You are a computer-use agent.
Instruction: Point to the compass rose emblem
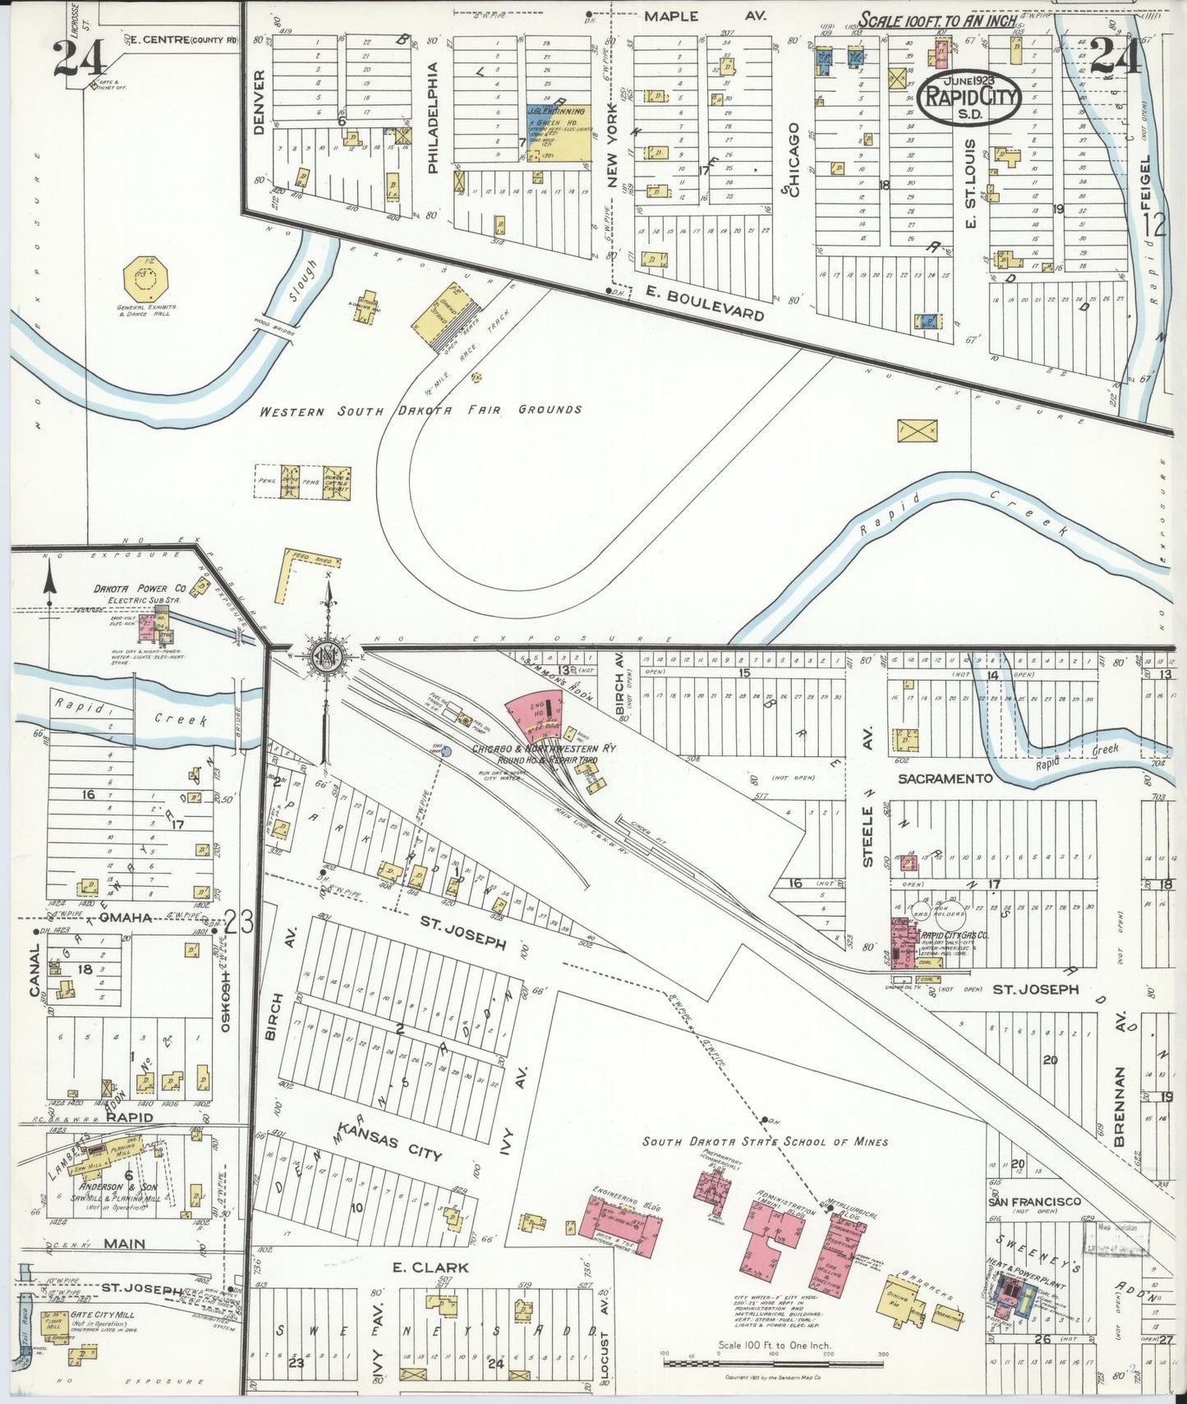328,654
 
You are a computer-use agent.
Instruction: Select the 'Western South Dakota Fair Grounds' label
421,411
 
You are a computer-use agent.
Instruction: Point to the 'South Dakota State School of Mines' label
765,1141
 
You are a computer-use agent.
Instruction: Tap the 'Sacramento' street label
945,778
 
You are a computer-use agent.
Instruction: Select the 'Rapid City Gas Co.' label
954,935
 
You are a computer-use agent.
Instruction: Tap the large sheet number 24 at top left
80,57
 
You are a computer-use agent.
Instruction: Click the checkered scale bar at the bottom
773,1364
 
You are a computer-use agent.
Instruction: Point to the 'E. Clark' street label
430,1268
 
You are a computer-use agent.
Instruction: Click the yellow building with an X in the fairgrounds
917,430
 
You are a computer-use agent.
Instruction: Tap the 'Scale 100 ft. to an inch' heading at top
936,20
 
